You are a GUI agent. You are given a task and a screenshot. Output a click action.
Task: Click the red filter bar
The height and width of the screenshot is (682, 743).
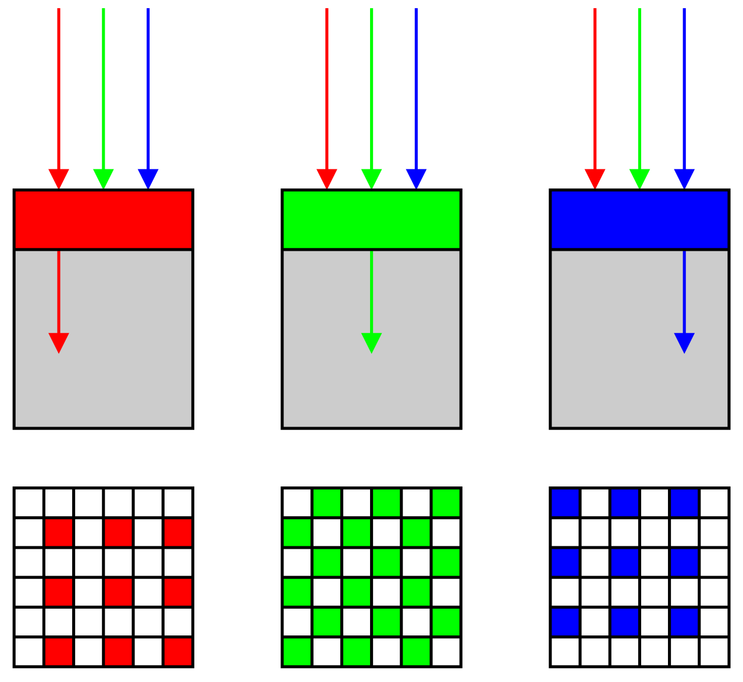click(x=103, y=219)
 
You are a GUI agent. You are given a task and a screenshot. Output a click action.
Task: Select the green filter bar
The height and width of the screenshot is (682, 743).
click(x=371, y=219)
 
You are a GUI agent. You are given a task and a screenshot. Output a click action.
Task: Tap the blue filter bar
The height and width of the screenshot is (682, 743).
click(x=639, y=219)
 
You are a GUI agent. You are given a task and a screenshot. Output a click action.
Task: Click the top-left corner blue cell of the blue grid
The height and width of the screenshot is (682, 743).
click(x=565, y=503)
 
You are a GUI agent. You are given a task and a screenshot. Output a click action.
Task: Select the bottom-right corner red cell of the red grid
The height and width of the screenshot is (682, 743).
click(x=177, y=651)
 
